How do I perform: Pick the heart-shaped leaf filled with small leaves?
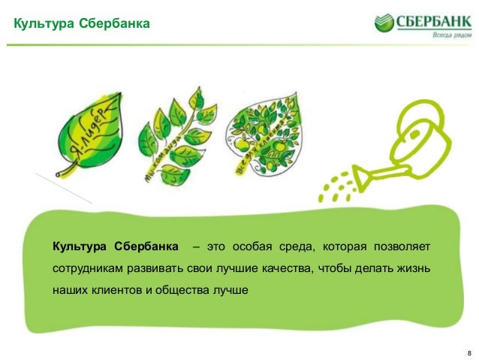(x=263, y=135)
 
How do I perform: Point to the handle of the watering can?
(x=424, y=120)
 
